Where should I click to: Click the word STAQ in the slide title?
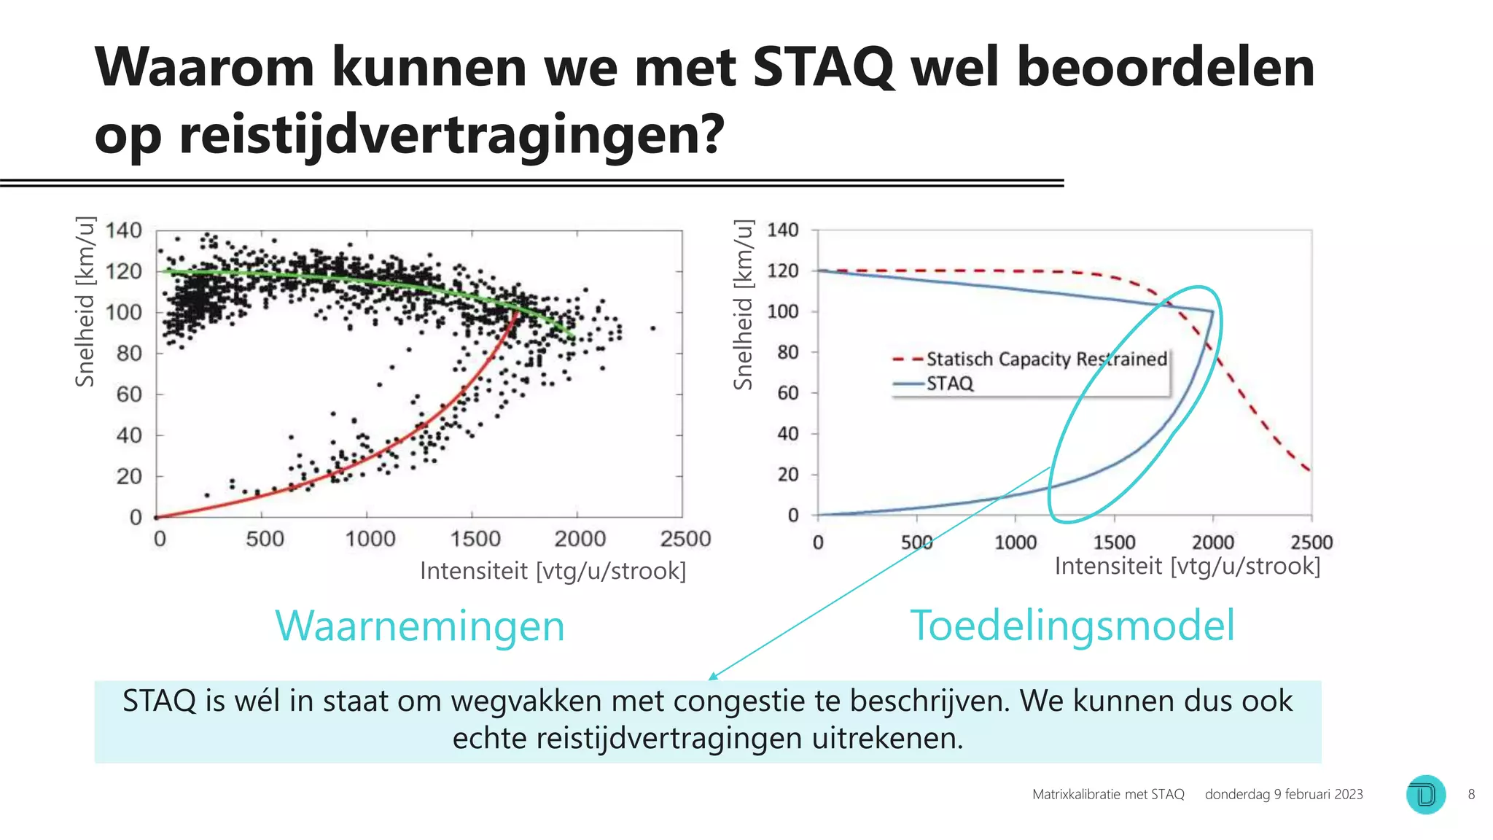(x=822, y=67)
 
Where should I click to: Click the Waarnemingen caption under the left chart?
(x=420, y=626)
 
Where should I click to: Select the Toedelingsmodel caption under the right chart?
(x=1072, y=626)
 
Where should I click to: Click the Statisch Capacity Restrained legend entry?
(x=1046, y=359)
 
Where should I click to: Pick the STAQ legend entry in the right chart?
(x=949, y=384)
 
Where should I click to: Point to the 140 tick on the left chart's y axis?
(x=123, y=230)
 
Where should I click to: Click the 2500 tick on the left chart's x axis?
(x=685, y=539)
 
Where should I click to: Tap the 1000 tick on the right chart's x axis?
(x=1016, y=542)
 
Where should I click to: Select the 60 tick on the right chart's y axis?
(x=787, y=393)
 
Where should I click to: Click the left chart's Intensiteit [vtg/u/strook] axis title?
(x=553, y=571)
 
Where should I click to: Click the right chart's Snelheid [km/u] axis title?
(x=742, y=305)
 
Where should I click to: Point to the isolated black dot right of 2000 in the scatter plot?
(x=652, y=328)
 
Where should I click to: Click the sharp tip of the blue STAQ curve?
(x=1212, y=312)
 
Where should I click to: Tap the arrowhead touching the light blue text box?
(x=712, y=677)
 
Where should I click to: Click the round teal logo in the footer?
(x=1425, y=794)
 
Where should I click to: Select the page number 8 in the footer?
(x=1471, y=794)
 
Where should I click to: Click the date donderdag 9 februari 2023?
(x=1283, y=794)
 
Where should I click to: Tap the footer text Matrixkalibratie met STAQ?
(x=1107, y=794)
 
